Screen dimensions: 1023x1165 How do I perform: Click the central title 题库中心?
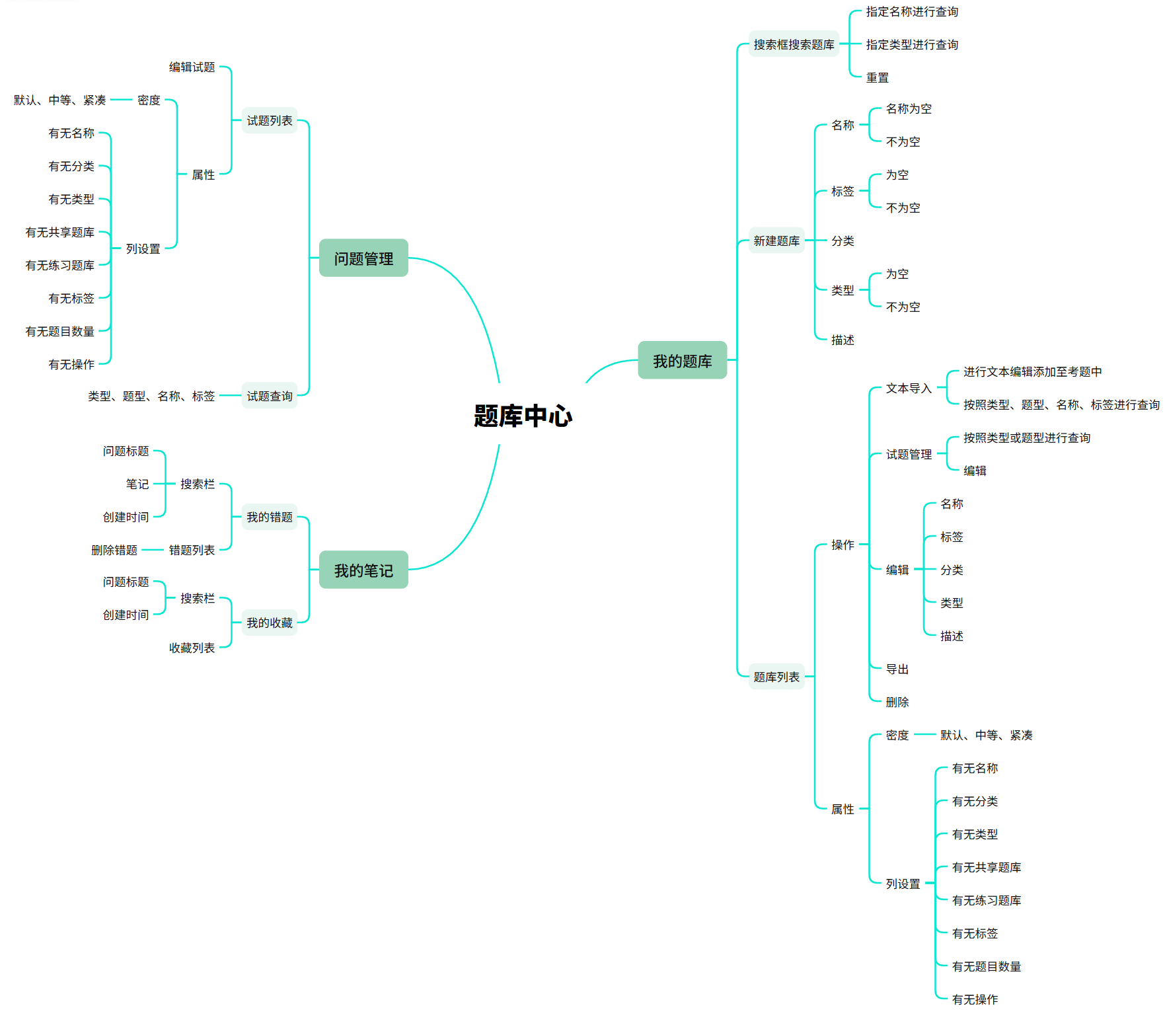523,416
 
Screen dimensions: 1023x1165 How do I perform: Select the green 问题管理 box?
363,258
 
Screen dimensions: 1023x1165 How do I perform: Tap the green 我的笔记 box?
363,570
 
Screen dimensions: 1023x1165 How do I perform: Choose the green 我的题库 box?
682,361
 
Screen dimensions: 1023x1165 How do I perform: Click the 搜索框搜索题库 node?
794,44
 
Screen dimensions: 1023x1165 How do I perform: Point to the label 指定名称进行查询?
912,12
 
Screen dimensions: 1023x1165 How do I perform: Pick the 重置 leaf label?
878,77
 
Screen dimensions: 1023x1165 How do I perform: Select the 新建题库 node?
776,241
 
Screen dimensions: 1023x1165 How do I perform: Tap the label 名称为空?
909,108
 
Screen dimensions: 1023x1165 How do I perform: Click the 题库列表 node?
776,677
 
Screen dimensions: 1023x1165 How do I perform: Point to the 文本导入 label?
909,388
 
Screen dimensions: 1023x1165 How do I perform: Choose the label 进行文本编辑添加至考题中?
1032,371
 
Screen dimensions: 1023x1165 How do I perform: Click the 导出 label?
897,669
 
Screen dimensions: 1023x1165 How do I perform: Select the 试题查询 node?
270,396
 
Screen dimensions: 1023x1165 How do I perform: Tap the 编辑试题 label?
192,67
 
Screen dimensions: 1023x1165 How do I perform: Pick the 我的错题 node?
270,517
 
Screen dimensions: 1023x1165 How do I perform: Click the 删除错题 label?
114,550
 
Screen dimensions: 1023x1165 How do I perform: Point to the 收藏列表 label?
192,648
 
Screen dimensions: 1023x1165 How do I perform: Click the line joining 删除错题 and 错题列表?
153,550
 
